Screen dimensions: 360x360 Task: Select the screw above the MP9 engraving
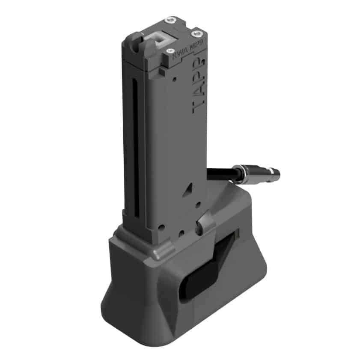[x=198, y=33]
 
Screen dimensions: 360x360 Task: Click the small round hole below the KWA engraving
[x=174, y=79]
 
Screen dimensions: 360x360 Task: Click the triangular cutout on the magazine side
[x=187, y=192]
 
